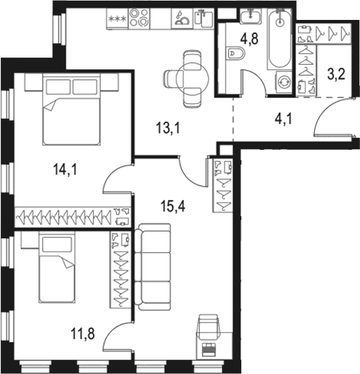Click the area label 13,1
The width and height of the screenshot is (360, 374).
point(168,128)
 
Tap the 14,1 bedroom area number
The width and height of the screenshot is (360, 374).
point(65,170)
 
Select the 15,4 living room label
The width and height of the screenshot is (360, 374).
point(173,206)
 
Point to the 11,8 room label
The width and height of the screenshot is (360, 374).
point(83,334)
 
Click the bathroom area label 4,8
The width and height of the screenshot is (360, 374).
point(249,39)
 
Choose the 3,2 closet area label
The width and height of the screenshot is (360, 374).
point(336,75)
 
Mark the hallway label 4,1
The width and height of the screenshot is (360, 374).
point(283,120)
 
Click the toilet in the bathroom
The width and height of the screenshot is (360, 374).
point(235,53)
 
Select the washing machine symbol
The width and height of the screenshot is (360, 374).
point(284,82)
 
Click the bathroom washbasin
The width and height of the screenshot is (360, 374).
point(250,16)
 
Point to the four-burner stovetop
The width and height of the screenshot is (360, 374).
point(139,18)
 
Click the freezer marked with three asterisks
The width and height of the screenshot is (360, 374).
point(117,18)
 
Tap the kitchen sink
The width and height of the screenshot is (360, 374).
point(204,18)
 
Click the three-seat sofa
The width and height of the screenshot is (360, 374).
point(153,268)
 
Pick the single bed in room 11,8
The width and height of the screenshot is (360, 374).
point(57,268)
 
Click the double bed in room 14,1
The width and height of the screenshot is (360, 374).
point(72,110)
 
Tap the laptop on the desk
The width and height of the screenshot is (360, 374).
point(209,350)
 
